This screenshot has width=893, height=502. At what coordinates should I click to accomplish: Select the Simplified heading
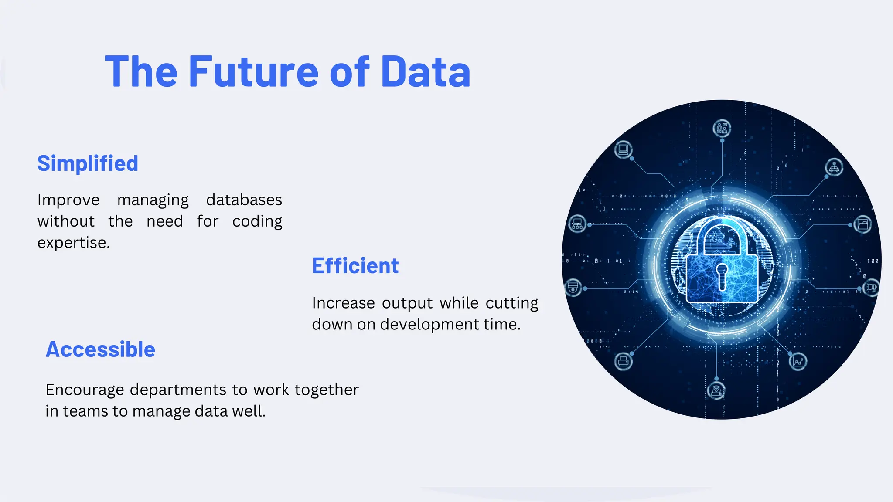88,164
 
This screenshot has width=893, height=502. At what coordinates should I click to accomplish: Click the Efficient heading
355,266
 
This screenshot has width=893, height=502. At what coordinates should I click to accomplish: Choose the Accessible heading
100,349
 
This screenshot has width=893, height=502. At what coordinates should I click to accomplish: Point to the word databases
244,200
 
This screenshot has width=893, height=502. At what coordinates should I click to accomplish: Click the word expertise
73,243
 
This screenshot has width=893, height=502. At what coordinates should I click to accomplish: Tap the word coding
257,221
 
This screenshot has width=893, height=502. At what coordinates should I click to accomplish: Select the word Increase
343,303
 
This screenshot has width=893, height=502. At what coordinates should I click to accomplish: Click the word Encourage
85,390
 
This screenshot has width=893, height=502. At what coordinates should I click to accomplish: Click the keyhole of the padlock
722,275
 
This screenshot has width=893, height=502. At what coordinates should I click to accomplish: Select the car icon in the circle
834,167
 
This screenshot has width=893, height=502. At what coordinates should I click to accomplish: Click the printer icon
623,361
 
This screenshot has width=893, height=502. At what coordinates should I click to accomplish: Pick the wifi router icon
716,390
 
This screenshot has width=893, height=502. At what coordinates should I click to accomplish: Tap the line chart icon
798,362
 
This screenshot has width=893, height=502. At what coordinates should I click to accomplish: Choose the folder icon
862,225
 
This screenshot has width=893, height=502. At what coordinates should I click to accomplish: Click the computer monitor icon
624,149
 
